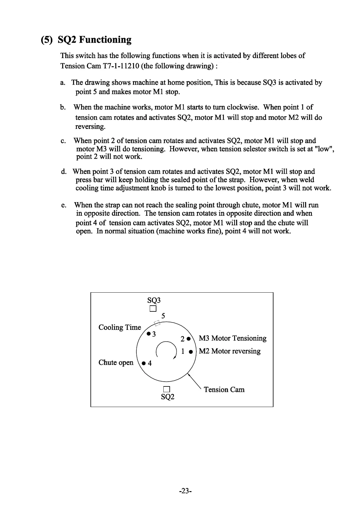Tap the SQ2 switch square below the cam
[x=167, y=389]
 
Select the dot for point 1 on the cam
[x=191, y=352]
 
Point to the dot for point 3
[x=148, y=334]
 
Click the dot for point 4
[x=144, y=363]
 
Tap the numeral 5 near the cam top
[x=163, y=316]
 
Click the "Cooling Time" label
[x=120, y=327]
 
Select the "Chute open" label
[x=116, y=363]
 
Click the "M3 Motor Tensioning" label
[x=233, y=338]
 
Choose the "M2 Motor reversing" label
[x=230, y=351]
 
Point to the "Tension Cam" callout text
[x=224, y=389]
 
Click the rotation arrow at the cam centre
[x=166, y=350]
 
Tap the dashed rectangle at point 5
[x=157, y=323]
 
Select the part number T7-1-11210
[x=119, y=66]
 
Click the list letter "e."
[x=64, y=205]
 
